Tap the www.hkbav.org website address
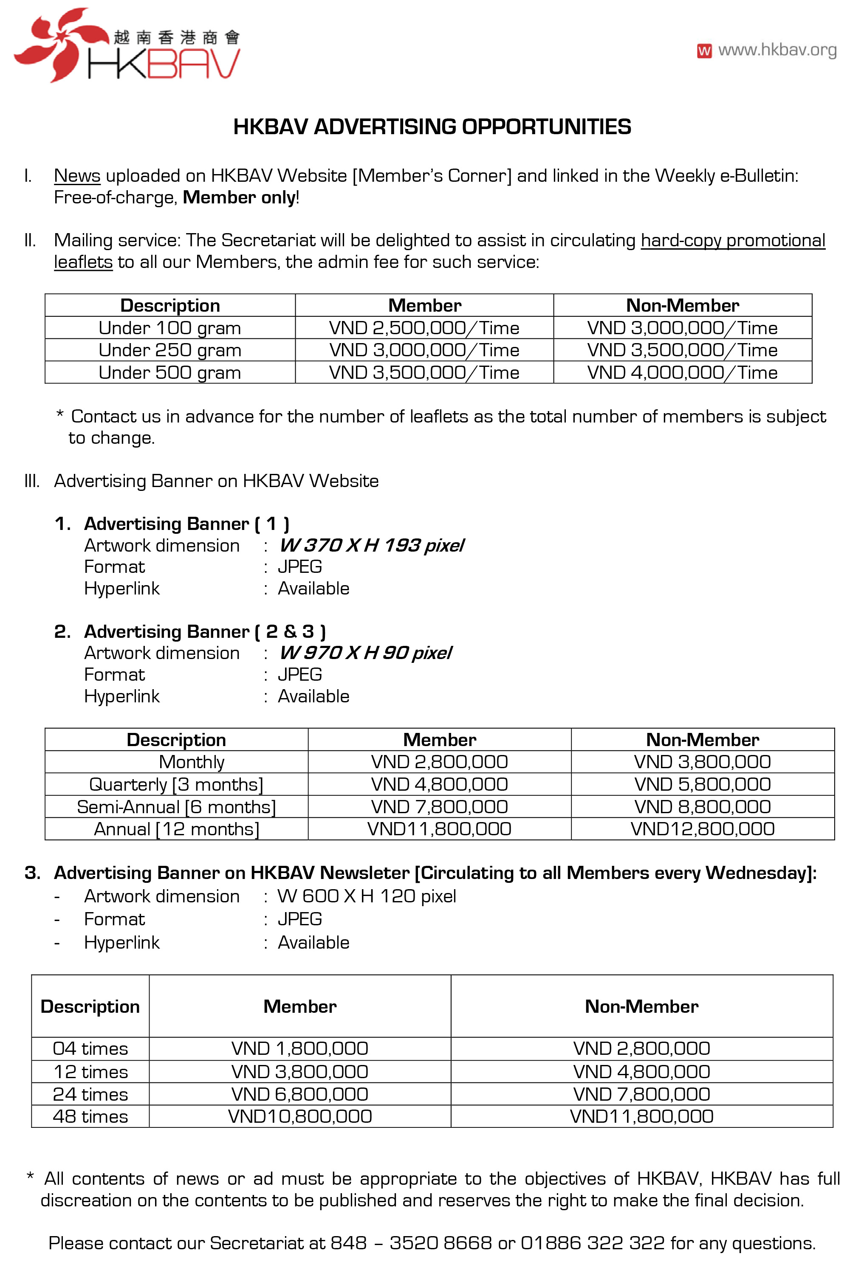coord(777,50)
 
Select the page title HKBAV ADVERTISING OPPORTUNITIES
coord(432,127)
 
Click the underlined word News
coord(77,175)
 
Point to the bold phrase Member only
coord(240,197)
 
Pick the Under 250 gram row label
coord(169,350)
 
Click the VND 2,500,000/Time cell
coord(424,328)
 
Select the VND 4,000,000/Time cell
coord(682,372)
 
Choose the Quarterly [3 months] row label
coord(176,784)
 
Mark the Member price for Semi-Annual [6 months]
coord(439,807)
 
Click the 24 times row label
coord(90,1094)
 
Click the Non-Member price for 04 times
coord(641,1048)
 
